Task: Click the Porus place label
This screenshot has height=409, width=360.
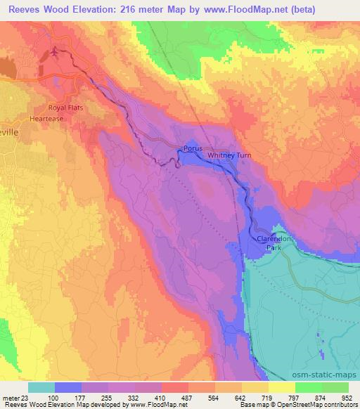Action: point(193,149)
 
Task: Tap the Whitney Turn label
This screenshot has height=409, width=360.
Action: point(226,155)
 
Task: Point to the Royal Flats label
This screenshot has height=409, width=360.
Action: point(65,108)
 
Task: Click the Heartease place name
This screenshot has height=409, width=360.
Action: point(58,119)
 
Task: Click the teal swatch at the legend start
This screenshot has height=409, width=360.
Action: point(41,387)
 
